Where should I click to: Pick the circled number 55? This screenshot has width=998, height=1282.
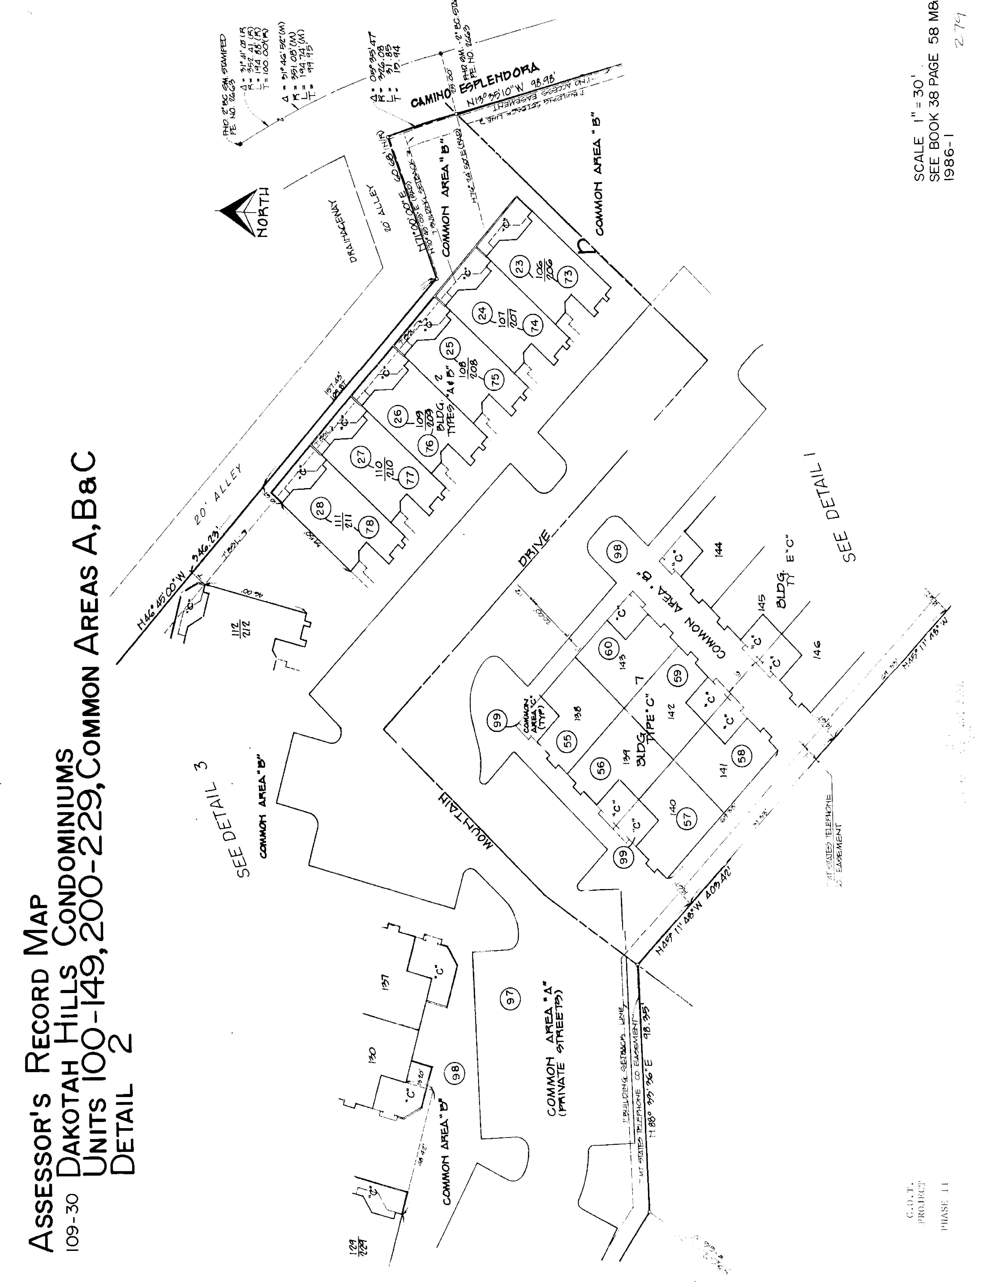pos(567,740)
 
